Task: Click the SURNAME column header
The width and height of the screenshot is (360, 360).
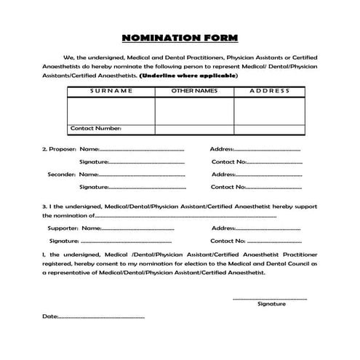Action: [111, 91]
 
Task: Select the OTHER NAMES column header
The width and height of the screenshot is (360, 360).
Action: [193, 91]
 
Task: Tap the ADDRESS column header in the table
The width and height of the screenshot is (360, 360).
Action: [269, 91]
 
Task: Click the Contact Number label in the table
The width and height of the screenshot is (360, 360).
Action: [95, 129]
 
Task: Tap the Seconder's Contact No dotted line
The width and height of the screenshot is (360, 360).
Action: [275, 188]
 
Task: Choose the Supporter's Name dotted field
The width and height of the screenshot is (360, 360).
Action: [138, 228]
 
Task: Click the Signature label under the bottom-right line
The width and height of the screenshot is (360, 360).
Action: [271, 304]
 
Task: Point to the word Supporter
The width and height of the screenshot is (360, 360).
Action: [63, 228]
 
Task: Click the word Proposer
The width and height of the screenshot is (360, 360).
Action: [63, 149]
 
